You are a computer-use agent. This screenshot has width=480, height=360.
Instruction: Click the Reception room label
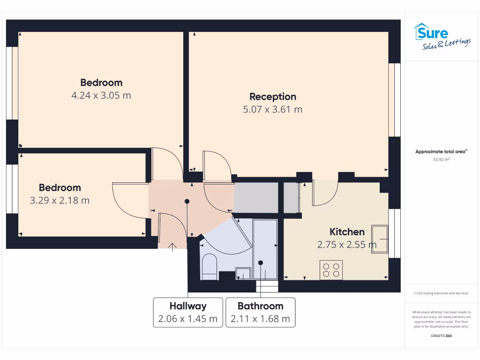click(x=273, y=97)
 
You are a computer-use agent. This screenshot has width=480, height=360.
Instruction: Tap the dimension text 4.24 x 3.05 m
click(x=101, y=96)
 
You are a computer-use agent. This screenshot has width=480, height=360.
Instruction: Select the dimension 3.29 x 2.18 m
click(x=60, y=201)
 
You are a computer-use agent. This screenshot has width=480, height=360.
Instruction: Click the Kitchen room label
click(x=347, y=232)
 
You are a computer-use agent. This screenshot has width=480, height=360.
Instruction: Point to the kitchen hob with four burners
click(x=331, y=270)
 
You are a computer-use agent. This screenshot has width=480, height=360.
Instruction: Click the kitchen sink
click(x=380, y=239)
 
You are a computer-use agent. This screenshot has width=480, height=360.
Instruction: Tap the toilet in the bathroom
click(x=209, y=267)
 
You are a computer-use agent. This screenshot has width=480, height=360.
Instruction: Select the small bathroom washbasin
click(x=243, y=273)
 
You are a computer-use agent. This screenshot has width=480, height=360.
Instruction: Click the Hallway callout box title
click(x=188, y=306)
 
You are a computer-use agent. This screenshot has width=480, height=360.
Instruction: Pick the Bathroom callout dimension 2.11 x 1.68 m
click(x=260, y=319)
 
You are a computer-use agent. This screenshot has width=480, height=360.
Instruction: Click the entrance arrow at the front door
click(x=172, y=247)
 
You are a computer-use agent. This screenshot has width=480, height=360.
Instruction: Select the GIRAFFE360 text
click(x=441, y=336)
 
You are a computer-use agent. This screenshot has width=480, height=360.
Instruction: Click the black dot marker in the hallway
click(x=187, y=201)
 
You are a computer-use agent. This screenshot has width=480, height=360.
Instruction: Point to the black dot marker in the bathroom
click(x=261, y=262)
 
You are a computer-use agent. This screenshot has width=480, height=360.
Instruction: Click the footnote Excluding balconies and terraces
click(x=441, y=293)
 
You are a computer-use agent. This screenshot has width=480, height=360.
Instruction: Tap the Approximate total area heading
click(x=441, y=151)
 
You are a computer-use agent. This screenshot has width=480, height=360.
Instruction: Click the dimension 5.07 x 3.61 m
click(x=273, y=110)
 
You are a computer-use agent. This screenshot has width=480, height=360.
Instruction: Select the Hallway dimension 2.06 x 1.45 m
click(x=188, y=319)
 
